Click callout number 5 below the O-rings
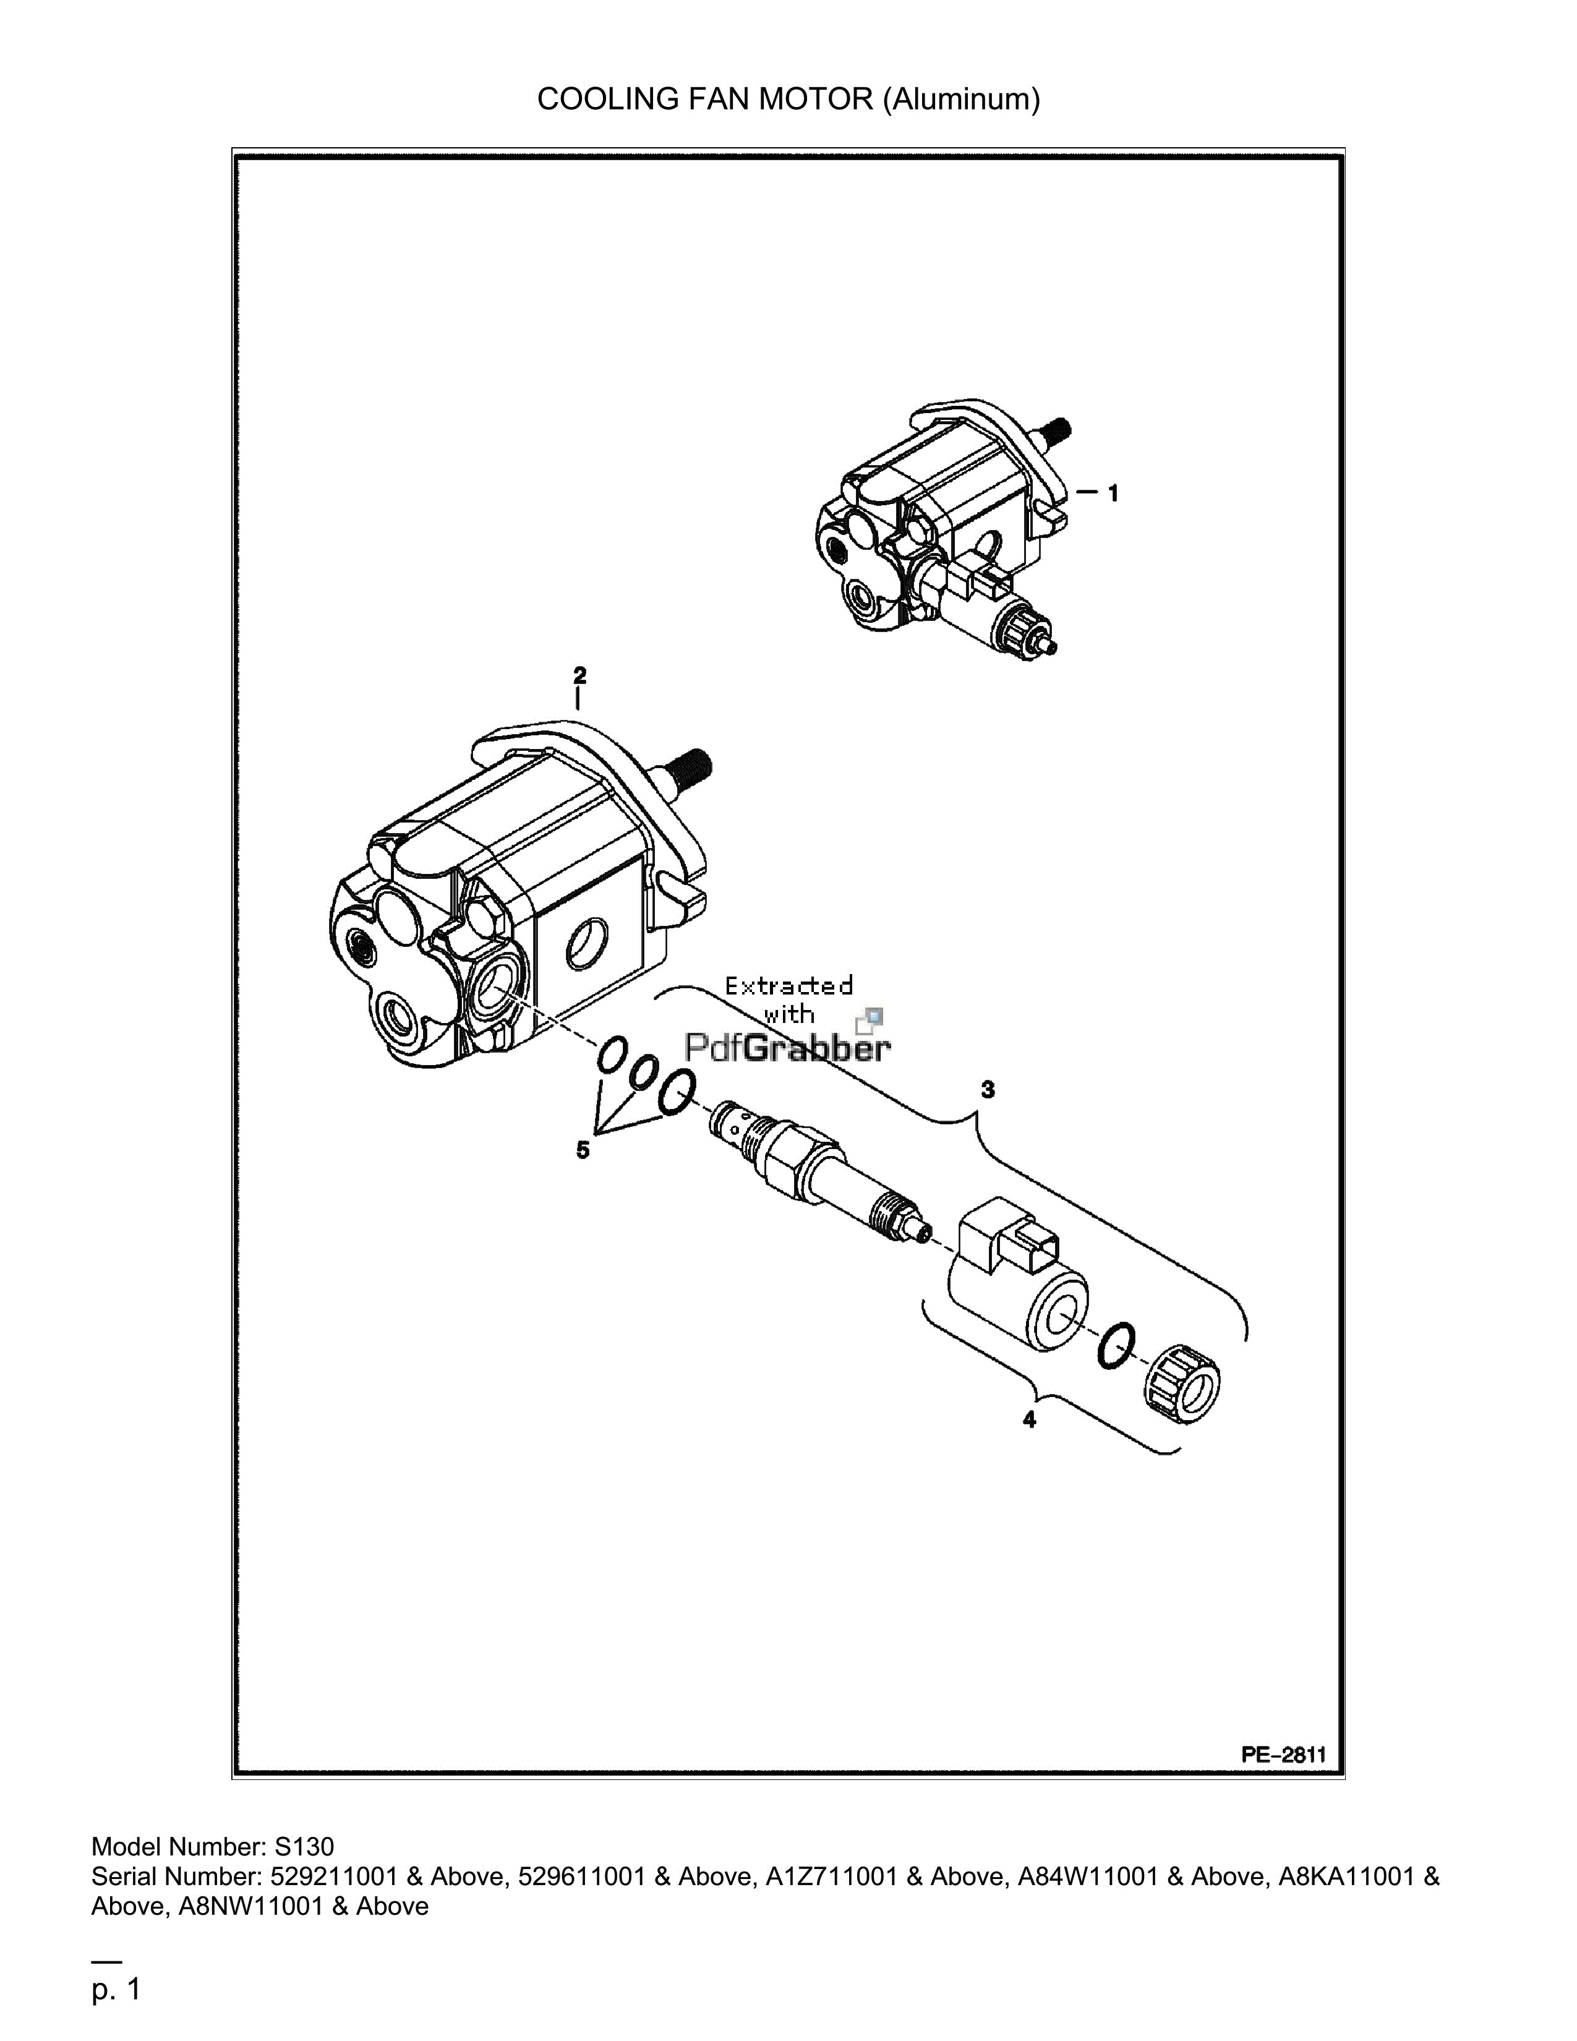[x=582, y=1150]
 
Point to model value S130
[x=304, y=1847]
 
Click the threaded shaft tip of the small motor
[x=1058, y=432]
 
